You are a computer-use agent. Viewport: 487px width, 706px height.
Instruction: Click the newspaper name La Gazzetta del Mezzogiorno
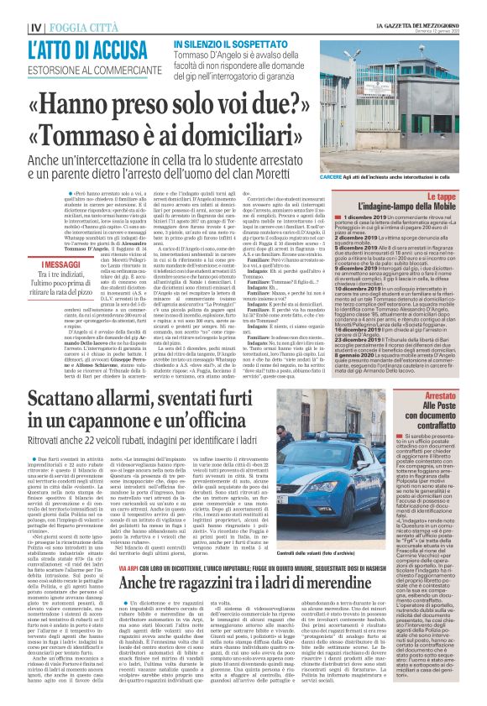click(x=419, y=7)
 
